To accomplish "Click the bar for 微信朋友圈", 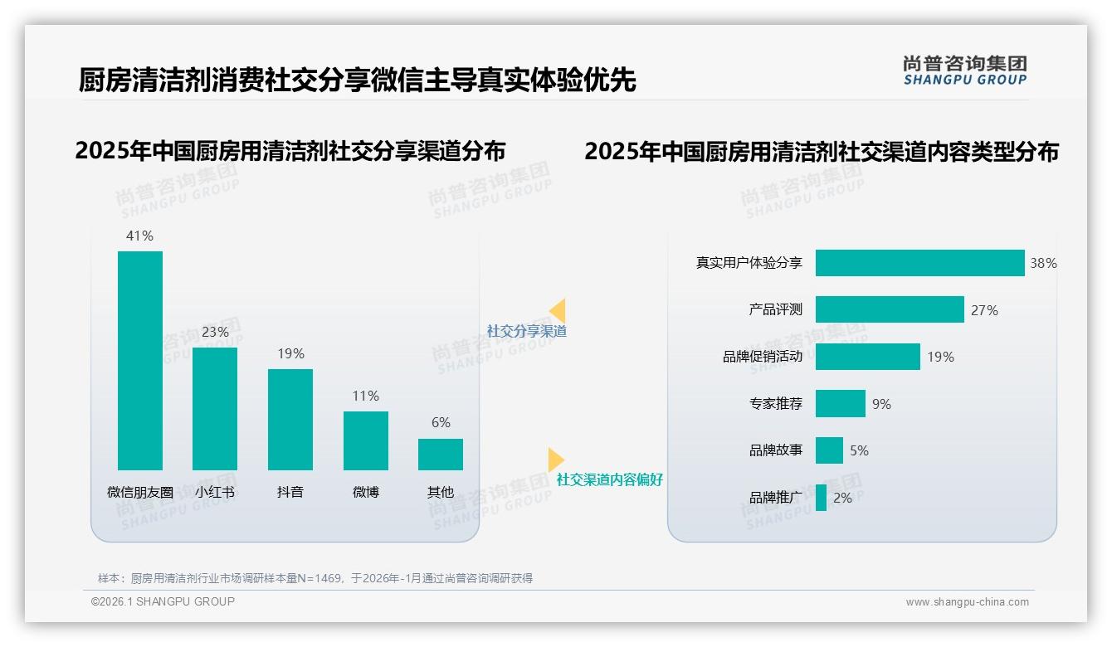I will pyautogui.click(x=140, y=360).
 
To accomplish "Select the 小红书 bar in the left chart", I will pyautogui.click(x=215, y=408).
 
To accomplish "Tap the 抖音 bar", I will pyautogui.click(x=290, y=419).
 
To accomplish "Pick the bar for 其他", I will pyautogui.click(x=441, y=454).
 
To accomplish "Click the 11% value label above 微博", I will pyautogui.click(x=365, y=396).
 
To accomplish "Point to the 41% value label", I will pyautogui.click(x=139, y=236).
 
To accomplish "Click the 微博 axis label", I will pyautogui.click(x=365, y=492).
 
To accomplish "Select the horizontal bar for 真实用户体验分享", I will pyautogui.click(x=919, y=263).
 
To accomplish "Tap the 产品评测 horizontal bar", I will pyautogui.click(x=890, y=309).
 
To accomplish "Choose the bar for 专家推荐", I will pyautogui.click(x=840, y=404).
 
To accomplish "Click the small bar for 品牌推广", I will pyautogui.click(x=821, y=498).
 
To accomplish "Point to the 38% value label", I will pyautogui.click(x=1043, y=263).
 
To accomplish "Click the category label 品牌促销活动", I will pyautogui.click(x=763, y=357).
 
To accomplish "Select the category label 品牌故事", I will pyautogui.click(x=776, y=450).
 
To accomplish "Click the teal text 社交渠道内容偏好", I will pyautogui.click(x=610, y=479).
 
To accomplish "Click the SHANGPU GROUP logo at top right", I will pyautogui.click(x=965, y=71).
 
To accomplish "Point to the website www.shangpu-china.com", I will pyautogui.click(x=967, y=602).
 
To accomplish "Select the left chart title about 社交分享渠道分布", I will pyautogui.click(x=290, y=151).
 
